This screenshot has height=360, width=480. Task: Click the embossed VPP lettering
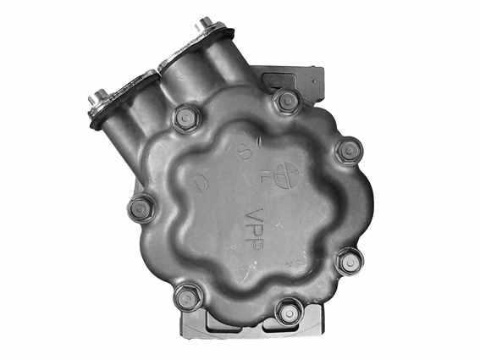coord(253,227)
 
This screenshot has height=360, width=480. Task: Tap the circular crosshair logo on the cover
coord(289,174)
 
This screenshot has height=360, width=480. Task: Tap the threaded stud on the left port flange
coord(101,97)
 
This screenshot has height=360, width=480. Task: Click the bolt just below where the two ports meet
coord(185,117)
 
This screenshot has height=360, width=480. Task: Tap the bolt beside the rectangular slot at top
coord(287,102)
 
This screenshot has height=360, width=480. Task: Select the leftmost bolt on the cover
coord(141,206)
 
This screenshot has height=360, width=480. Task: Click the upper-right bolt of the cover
coord(349,152)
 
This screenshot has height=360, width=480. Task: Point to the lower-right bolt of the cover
coord(349,260)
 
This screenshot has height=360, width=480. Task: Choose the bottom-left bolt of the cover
coord(187,296)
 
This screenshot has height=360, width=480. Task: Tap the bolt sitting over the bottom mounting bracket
coord(289,312)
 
